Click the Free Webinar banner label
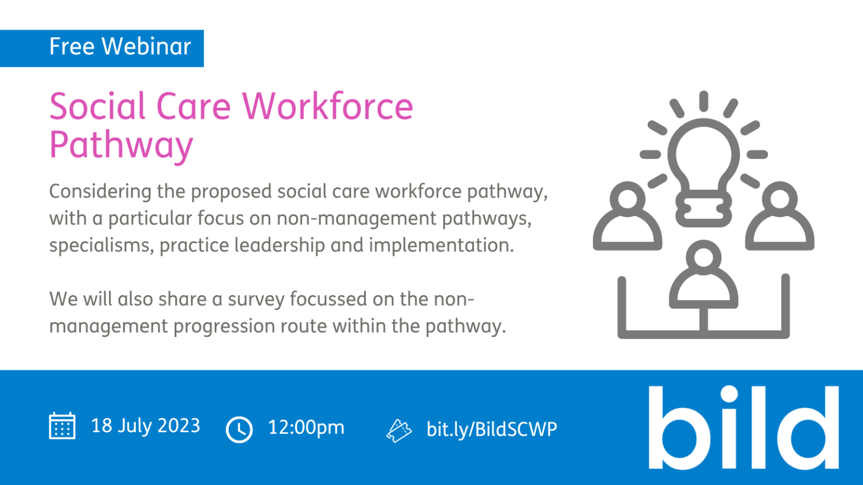[x=120, y=47]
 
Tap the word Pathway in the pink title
[x=121, y=145]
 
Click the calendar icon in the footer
[x=62, y=425]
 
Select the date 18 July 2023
[x=146, y=425]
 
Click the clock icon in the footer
[x=239, y=429]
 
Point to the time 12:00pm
[x=306, y=428]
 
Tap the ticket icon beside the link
[x=399, y=431]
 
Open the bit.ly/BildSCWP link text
[x=492, y=429]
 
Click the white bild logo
[x=743, y=427]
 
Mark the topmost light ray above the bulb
[x=703, y=101]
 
